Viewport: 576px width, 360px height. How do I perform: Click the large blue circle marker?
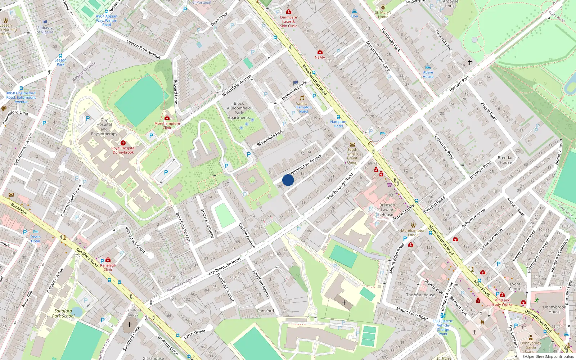click(288, 180)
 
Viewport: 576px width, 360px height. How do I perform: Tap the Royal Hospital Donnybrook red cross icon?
click(123, 143)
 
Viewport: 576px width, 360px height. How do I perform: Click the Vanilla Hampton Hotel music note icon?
click(302, 98)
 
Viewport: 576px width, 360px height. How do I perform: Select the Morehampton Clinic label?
click(167, 125)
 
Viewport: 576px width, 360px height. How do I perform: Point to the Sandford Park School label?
click(63, 313)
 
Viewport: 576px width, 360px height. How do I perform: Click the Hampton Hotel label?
click(338, 124)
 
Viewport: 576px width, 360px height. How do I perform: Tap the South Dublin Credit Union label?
click(352, 156)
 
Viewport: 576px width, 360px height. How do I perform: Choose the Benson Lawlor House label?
click(387, 210)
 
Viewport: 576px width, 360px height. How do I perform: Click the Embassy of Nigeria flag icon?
click(45, 23)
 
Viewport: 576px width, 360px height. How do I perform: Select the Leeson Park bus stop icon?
click(60, 56)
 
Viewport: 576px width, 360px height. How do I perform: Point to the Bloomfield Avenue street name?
click(237, 85)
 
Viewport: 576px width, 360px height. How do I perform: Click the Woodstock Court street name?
click(135, 240)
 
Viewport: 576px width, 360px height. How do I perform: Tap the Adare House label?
click(428, 75)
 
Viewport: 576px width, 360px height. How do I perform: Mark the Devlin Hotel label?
click(35, 239)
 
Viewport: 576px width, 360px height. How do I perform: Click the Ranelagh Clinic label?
click(108, 267)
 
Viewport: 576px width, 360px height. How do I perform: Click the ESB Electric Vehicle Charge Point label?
click(443, 327)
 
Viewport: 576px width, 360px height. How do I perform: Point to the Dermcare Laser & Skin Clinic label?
click(288, 22)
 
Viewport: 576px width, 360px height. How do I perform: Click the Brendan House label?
click(505, 160)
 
